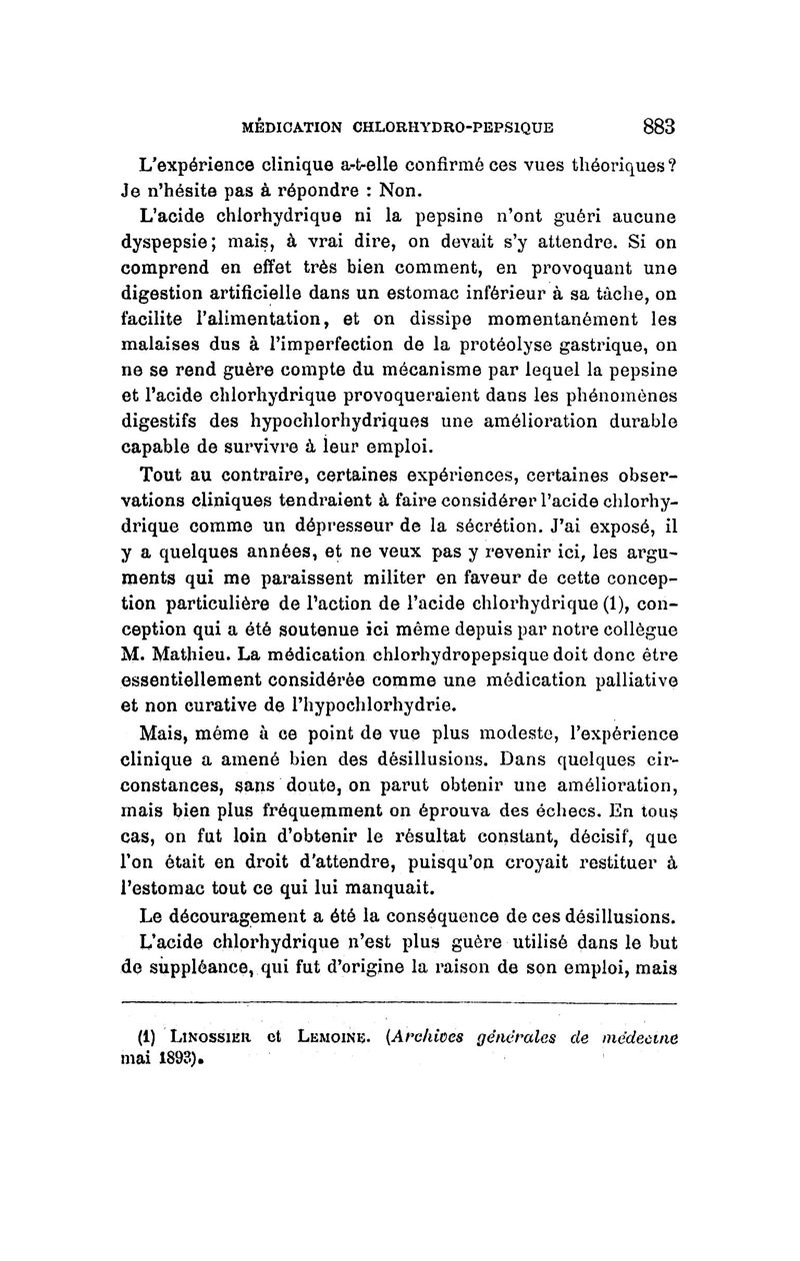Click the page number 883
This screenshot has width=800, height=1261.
click(659, 127)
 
